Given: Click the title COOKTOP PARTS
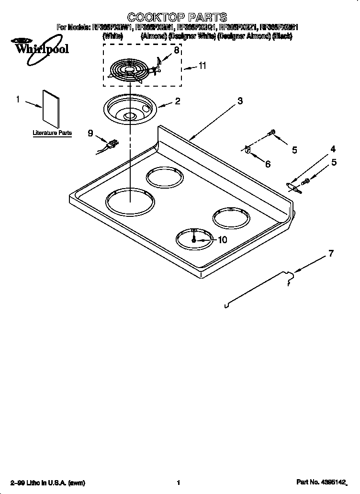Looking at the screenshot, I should coord(170,18).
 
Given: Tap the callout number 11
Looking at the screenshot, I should coord(202,66).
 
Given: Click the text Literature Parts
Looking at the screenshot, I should coord(52,133).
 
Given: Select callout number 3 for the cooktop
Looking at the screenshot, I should coord(240,101).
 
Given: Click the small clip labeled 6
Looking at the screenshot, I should coord(247,150).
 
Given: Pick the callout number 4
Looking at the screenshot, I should coord(333,149).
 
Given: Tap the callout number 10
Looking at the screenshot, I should coord(222,240).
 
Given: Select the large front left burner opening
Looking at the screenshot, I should coord(130,202).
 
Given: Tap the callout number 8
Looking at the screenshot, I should coord(176,50).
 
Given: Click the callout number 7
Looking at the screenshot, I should coord(331,254).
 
